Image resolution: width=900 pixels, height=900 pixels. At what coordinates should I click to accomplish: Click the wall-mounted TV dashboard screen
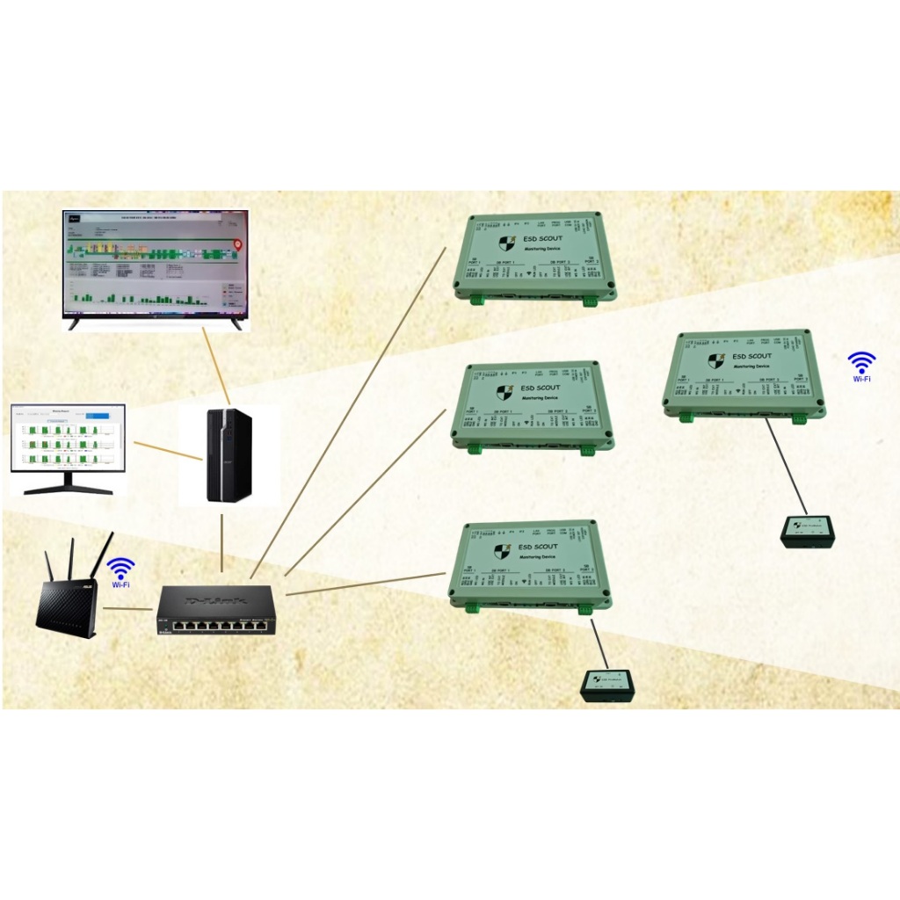pyautogui.click(x=155, y=264)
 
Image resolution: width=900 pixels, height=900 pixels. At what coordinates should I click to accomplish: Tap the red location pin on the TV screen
pyautogui.click(x=235, y=246)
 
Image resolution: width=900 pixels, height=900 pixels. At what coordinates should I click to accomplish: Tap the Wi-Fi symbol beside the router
pyautogui.click(x=121, y=569)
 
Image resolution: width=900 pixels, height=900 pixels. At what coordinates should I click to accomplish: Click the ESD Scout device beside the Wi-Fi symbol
pyautogui.click(x=744, y=374)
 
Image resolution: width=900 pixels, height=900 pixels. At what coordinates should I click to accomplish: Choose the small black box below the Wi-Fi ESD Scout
pyautogui.click(x=807, y=531)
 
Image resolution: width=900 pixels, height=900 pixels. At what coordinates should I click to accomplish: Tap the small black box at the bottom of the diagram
pyautogui.click(x=606, y=686)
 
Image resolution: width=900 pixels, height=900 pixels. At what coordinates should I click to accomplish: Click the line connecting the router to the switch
pyautogui.click(x=128, y=608)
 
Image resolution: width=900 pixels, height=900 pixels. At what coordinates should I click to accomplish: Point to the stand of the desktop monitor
pyautogui.click(x=68, y=484)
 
